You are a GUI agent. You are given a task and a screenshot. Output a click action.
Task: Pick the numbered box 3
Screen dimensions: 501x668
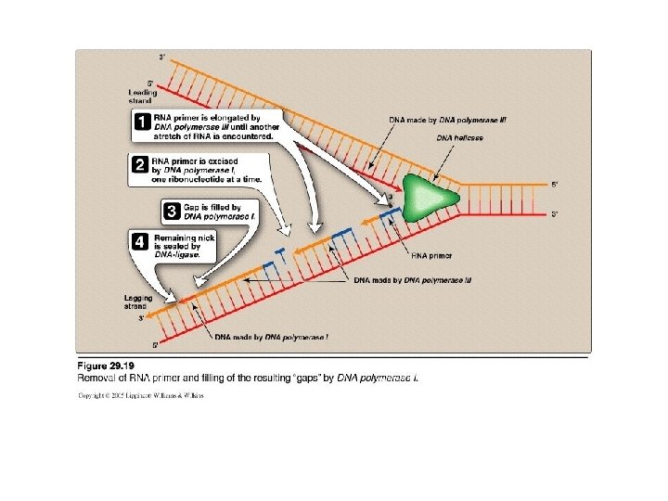(x=171, y=210)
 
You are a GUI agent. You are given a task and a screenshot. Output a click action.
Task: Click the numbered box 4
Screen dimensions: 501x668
(x=137, y=241)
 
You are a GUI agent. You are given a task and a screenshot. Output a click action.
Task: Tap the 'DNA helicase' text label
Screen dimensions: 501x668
(x=460, y=138)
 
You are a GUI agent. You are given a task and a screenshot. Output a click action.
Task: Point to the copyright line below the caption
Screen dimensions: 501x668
(x=140, y=395)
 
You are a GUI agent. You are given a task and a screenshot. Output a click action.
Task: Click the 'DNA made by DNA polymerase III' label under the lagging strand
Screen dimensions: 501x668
(x=412, y=279)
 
